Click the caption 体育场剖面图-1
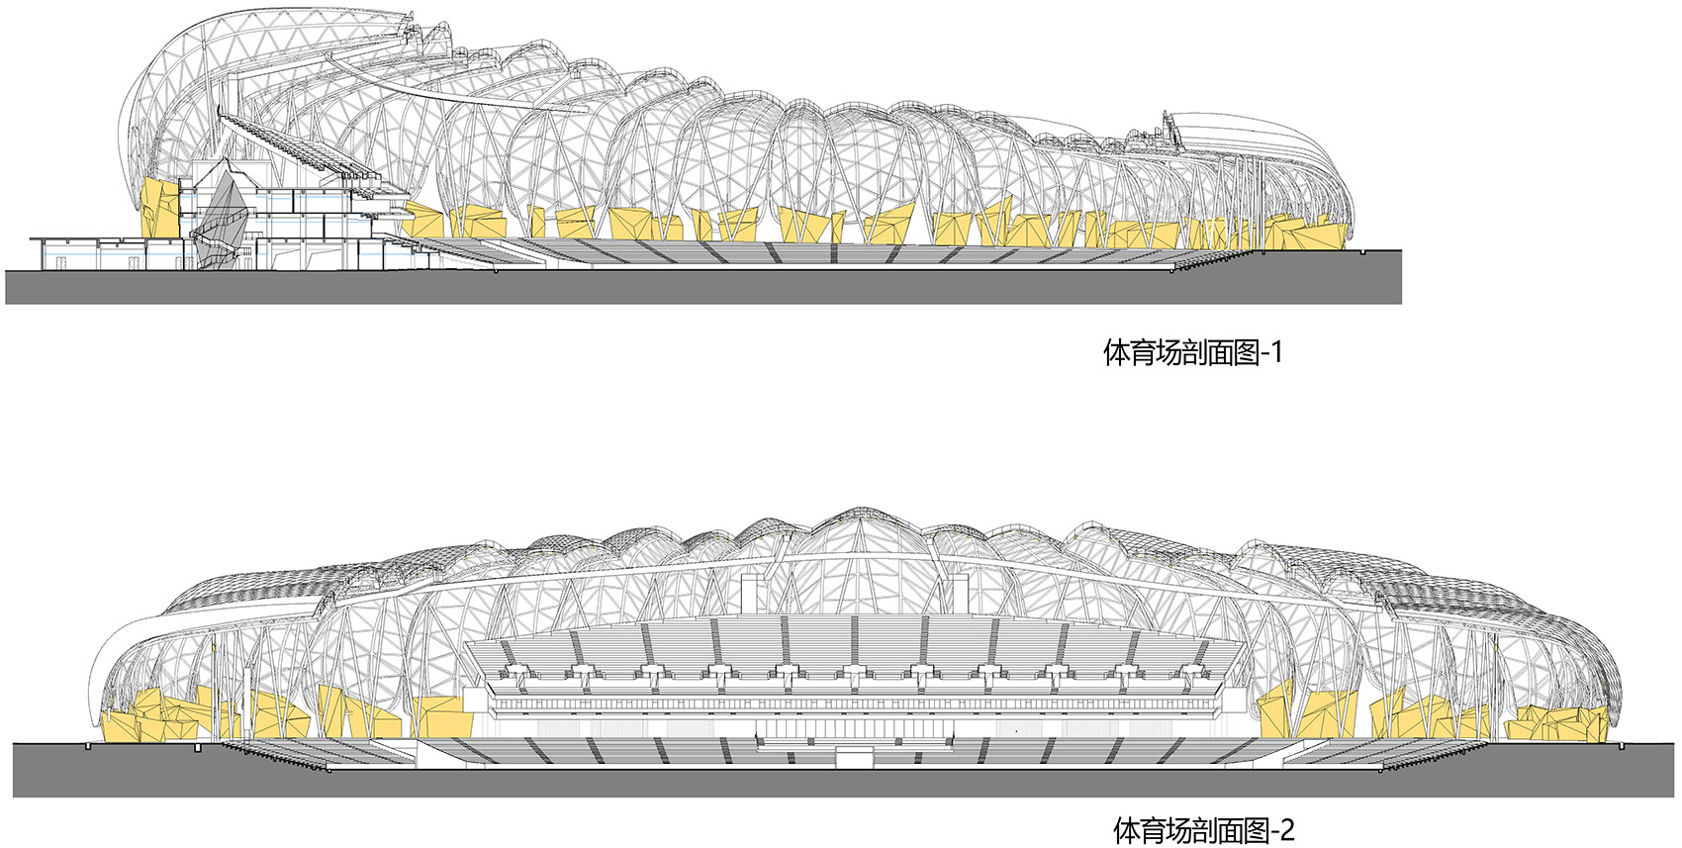1192,352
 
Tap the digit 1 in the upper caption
1275,352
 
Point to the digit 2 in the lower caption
1287,829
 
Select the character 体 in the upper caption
1116,353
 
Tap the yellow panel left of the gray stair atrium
161,209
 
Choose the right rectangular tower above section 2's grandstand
959,595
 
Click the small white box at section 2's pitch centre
852,758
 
